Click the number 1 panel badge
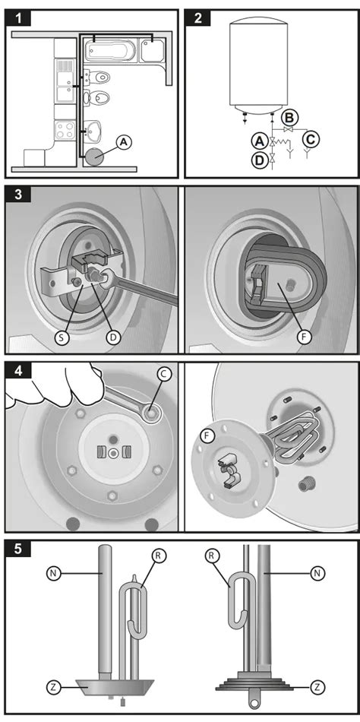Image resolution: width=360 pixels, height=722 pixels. [18, 18]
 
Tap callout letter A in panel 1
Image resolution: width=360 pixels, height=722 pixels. [123, 143]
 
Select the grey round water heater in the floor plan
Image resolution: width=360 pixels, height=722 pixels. [94, 157]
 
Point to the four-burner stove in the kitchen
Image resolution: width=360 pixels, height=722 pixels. [65, 130]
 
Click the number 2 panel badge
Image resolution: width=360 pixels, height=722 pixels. [198, 18]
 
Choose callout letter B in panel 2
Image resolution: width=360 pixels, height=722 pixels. [289, 118]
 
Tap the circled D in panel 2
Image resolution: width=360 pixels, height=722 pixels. [259, 160]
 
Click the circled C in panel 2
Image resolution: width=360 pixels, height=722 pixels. [311, 138]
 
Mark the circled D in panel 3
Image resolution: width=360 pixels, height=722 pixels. [113, 337]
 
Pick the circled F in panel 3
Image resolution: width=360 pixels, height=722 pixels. [303, 337]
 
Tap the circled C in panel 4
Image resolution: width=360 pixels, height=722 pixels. [163, 375]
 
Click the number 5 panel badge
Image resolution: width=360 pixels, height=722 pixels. [18, 549]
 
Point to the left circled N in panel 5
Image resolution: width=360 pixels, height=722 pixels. [54, 573]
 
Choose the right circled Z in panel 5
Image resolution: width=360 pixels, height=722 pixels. [317, 688]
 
